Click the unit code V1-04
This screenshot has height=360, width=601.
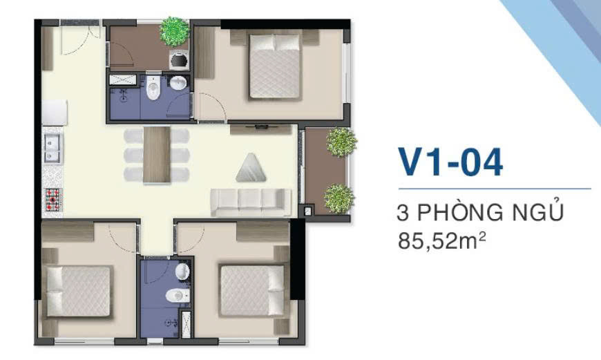pyautogui.click(x=450, y=162)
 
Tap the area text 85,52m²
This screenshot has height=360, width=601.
pyautogui.click(x=442, y=241)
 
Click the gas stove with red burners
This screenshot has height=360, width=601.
pyautogui.click(x=53, y=200)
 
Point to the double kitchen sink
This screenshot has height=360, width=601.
pyautogui.click(x=53, y=149)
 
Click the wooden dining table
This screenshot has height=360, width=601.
pyautogui.click(x=157, y=154)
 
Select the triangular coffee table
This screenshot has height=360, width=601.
pyautogui.click(x=251, y=168)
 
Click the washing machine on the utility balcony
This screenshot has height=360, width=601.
pyautogui.click(x=179, y=60)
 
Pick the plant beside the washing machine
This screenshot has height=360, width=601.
pyautogui.click(x=174, y=32)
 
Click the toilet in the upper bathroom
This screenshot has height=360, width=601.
pyautogui.click(x=153, y=88)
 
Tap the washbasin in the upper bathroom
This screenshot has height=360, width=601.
pyautogui.click(x=178, y=83)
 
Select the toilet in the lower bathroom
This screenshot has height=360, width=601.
pyautogui.click(x=178, y=296)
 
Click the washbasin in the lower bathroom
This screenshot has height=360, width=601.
pyautogui.click(x=182, y=272)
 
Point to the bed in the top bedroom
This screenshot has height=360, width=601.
pyautogui.click(x=274, y=67)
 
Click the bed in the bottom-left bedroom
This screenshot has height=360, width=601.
pyautogui.click(x=79, y=292)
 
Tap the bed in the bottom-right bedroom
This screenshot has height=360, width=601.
pyautogui.click(x=252, y=290)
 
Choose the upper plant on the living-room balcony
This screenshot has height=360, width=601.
pyautogui.click(x=341, y=142)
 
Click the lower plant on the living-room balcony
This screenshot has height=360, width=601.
pyautogui.click(x=338, y=199)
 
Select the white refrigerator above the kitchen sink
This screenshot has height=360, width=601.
pyautogui.click(x=55, y=113)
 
